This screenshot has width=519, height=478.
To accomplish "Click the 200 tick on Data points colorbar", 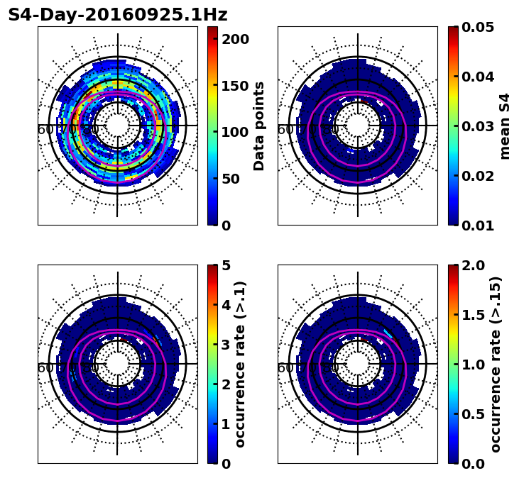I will [x=235, y=39].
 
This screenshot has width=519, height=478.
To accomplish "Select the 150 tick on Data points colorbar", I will [x=235, y=86].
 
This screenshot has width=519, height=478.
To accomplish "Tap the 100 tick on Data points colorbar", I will [x=235, y=132].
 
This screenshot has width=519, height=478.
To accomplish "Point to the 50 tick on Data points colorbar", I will [x=235, y=179].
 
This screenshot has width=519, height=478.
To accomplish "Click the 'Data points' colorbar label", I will [x=259, y=126].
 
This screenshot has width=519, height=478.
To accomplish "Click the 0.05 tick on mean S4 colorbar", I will [x=478, y=27].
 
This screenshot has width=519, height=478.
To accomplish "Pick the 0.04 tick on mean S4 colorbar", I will [x=478, y=77].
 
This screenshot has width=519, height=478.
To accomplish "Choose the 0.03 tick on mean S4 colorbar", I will [x=478, y=126].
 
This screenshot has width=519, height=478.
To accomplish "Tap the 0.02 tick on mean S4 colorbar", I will [x=478, y=176].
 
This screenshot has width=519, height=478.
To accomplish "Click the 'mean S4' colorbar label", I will [x=505, y=126].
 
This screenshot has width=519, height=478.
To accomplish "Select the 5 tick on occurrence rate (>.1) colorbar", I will [x=226, y=265].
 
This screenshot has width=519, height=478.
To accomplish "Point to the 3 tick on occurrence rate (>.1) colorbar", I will [x=226, y=345].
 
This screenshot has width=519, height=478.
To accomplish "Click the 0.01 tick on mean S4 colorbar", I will [x=478, y=226].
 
